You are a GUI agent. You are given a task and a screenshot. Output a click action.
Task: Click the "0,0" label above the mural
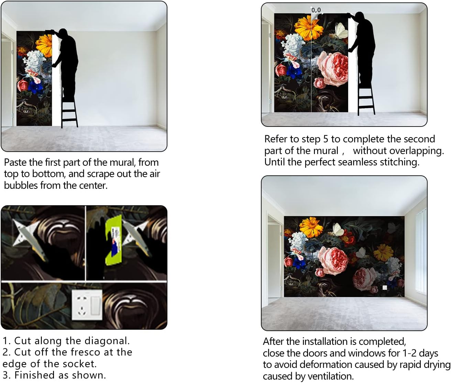[x=316, y=10]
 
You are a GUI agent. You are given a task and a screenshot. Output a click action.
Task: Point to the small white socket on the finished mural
[x=385, y=287]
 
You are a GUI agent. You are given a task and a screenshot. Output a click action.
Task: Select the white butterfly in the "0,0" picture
[x=341, y=31]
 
